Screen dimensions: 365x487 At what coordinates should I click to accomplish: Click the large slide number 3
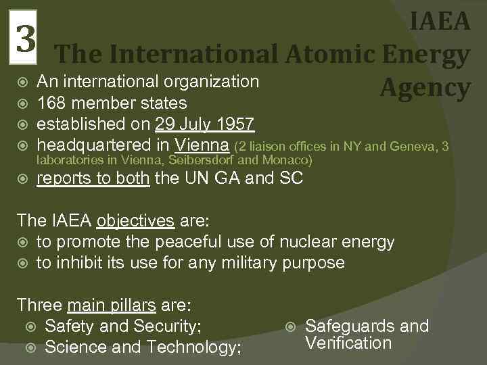coord(26,39)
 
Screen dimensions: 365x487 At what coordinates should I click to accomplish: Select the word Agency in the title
coord(424,87)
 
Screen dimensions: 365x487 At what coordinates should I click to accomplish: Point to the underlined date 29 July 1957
coord(204,124)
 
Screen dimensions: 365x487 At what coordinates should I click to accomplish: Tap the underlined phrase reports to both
coord(93,178)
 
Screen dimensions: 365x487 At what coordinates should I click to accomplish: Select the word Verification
coord(348,343)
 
